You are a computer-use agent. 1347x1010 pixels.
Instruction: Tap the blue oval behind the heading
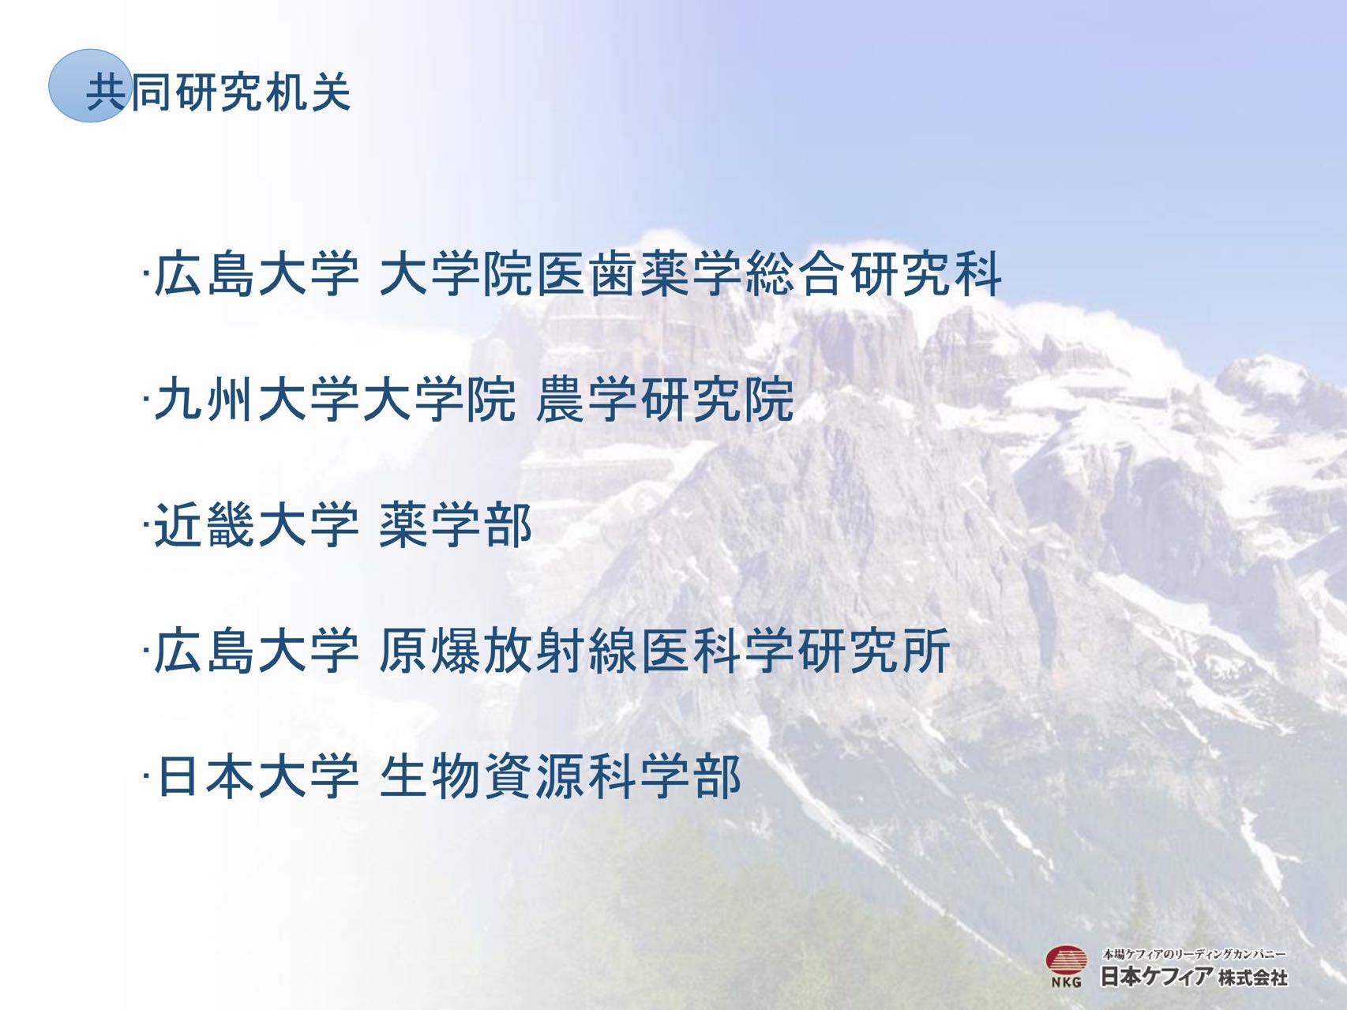click(88, 85)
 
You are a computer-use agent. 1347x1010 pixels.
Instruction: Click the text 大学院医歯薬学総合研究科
click(691, 275)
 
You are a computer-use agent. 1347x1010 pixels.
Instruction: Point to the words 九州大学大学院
click(335, 400)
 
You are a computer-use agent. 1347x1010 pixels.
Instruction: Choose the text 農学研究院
click(665, 400)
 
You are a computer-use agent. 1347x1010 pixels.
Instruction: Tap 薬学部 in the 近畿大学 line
click(456, 526)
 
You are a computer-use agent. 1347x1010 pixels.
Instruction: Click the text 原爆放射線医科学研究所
click(665, 651)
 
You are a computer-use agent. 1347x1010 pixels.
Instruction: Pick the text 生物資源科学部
click(561, 777)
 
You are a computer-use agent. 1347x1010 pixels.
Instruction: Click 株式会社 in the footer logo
click(1253, 978)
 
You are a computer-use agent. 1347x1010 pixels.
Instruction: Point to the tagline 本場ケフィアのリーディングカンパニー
click(1195, 953)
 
